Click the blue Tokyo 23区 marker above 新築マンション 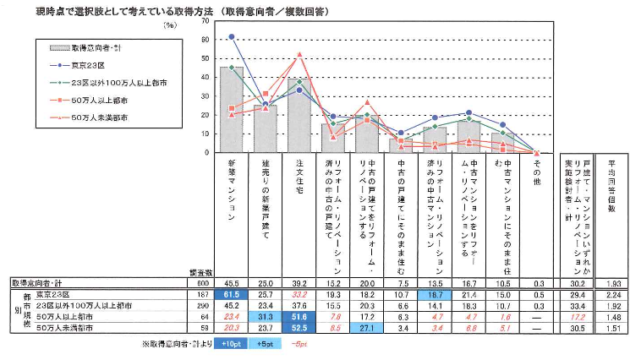click(231, 37)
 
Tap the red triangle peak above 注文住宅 click(299, 55)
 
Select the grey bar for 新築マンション click(231, 110)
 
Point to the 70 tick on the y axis click(206, 19)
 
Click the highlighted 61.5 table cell click(231, 293)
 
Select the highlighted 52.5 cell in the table click(299, 325)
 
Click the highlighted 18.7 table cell click(434, 293)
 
